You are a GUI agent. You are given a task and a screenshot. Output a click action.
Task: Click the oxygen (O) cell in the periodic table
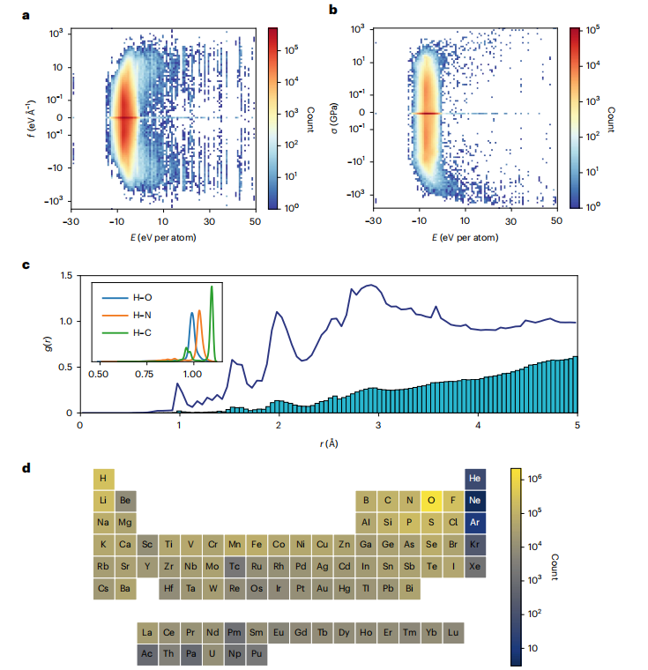coord(432,501)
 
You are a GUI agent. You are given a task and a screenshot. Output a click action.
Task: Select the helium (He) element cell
coord(475,479)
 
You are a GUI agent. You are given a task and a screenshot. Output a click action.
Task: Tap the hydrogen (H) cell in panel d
coord(103,479)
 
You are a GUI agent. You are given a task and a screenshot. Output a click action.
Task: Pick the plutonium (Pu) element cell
coord(256,655)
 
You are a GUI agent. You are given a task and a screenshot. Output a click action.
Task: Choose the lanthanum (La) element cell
coord(146,633)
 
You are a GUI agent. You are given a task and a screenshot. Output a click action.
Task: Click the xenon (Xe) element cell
coord(475,566)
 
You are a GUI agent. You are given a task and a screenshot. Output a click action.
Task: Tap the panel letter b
coord(332,11)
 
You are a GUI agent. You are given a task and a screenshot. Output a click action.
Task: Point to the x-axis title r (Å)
coord(329,443)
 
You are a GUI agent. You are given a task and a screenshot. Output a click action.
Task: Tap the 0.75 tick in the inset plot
coord(145,375)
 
